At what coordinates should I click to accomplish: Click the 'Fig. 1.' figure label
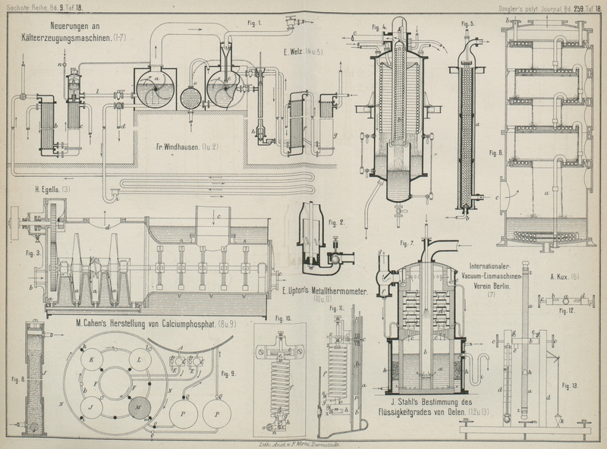(x=254, y=23)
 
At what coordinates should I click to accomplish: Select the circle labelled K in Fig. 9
(x=92, y=358)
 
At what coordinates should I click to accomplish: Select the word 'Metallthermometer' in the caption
(x=324, y=292)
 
